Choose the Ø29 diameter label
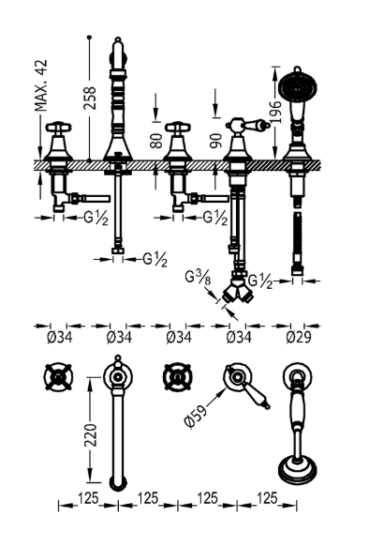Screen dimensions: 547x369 click(299, 334)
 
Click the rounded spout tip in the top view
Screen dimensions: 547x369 click(117, 484)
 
